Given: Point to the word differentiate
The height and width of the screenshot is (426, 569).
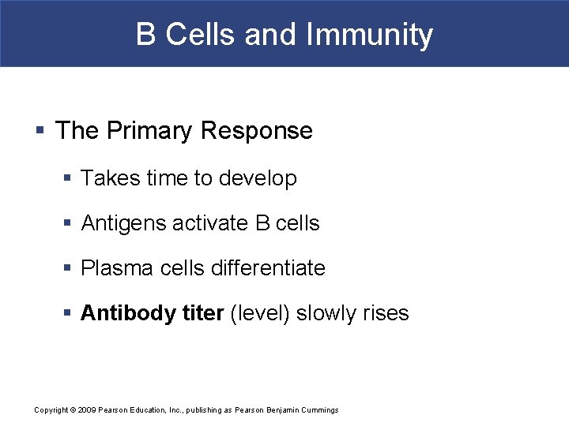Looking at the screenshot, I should click(x=268, y=269).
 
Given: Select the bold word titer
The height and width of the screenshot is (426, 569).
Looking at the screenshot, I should click(x=203, y=314).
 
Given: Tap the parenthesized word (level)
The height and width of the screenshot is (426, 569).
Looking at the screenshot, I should click(x=259, y=314).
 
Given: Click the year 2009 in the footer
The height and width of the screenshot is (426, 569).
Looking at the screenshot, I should click(x=86, y=410).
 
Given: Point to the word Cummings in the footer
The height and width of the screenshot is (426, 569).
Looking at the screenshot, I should click(x=319, y=410).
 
